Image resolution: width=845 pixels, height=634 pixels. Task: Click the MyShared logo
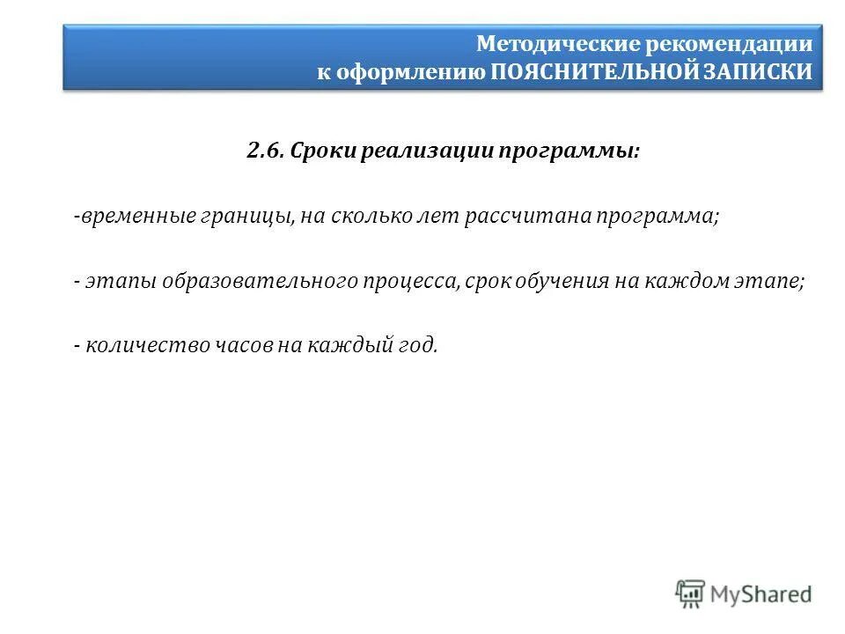tap(744, 593)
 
